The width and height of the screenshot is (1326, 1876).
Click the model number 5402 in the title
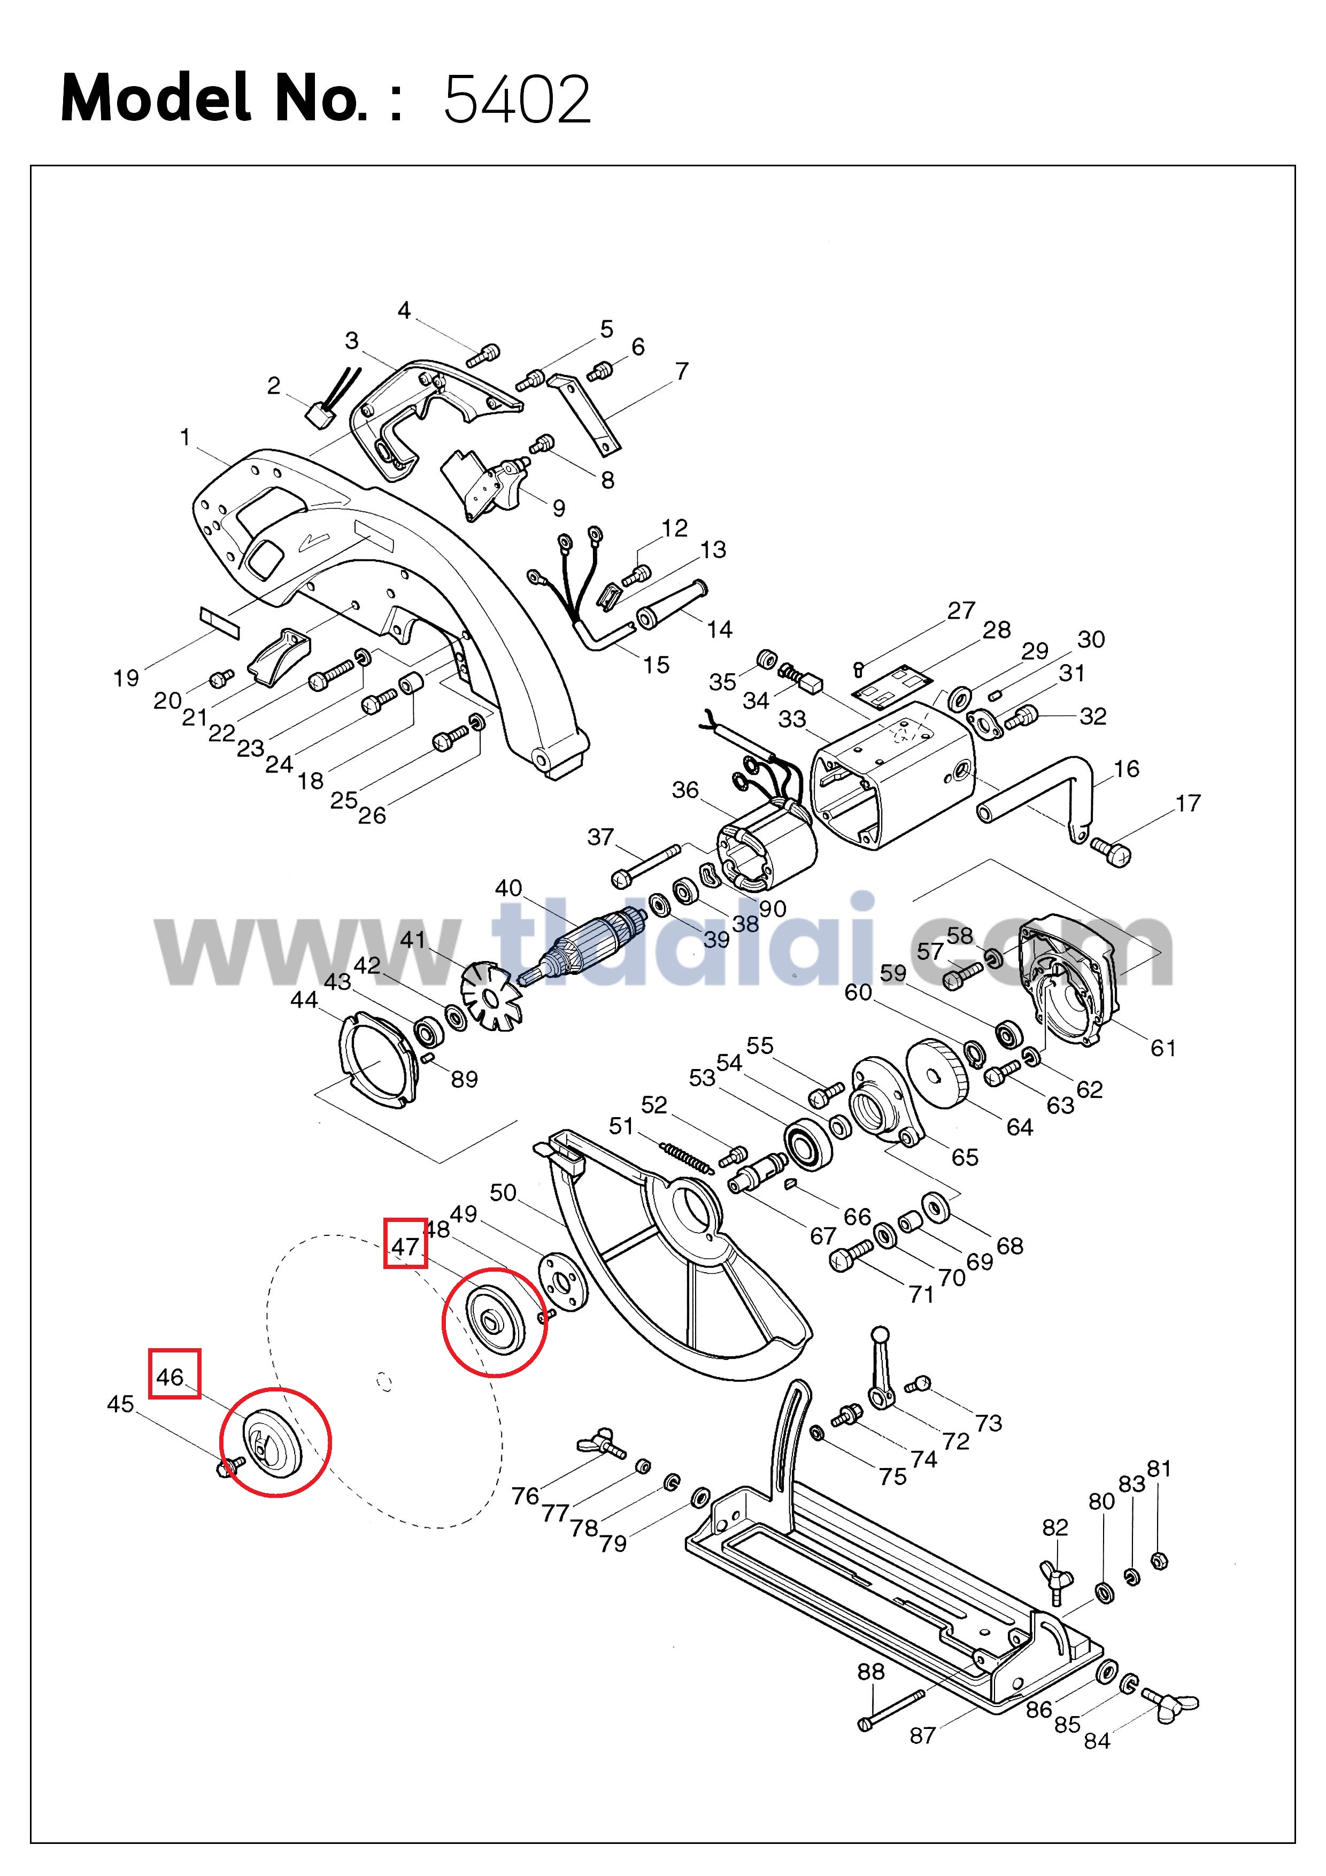tap(516, 99)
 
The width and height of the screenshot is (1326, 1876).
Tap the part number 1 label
tap(186, 438)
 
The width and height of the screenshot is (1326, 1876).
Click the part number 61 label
tap(1162, 1048)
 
